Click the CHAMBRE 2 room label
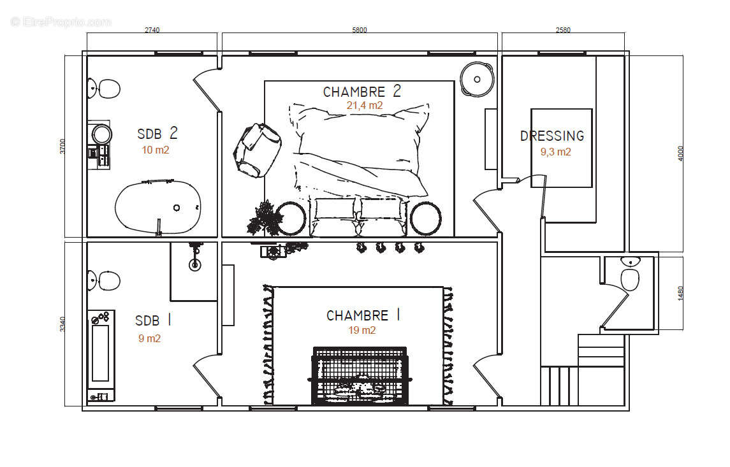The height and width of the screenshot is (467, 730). coord(361,91)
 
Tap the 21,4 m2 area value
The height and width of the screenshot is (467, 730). coord(365,106)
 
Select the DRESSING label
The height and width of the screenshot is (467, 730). coord(552,136)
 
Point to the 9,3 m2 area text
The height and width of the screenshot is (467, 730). coord(555,152)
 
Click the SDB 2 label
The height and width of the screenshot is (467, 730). coord(157,134)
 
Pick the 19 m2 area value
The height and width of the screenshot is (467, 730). coord(361,330)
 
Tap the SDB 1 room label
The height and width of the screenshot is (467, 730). coord(153,320)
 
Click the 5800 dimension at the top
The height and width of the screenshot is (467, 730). coord(360,30)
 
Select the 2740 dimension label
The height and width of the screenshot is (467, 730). coord(152,30)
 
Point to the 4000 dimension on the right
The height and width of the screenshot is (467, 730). coord(681,154)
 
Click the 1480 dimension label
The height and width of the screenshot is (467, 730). coord(681,293)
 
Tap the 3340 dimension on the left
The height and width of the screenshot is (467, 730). coord(62,324)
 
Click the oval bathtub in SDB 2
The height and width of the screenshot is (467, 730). coord(158,207)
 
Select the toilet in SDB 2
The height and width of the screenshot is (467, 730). coord(104,89)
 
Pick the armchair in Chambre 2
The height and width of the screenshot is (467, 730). coord(257,150)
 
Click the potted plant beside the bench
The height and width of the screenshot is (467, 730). coord(265,218)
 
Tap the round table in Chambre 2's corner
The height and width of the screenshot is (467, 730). coord(477,80)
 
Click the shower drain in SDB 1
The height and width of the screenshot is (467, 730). coord(195,264)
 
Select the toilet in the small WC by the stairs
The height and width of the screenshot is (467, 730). coord(629,275)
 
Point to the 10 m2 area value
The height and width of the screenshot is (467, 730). coord(156,150)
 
